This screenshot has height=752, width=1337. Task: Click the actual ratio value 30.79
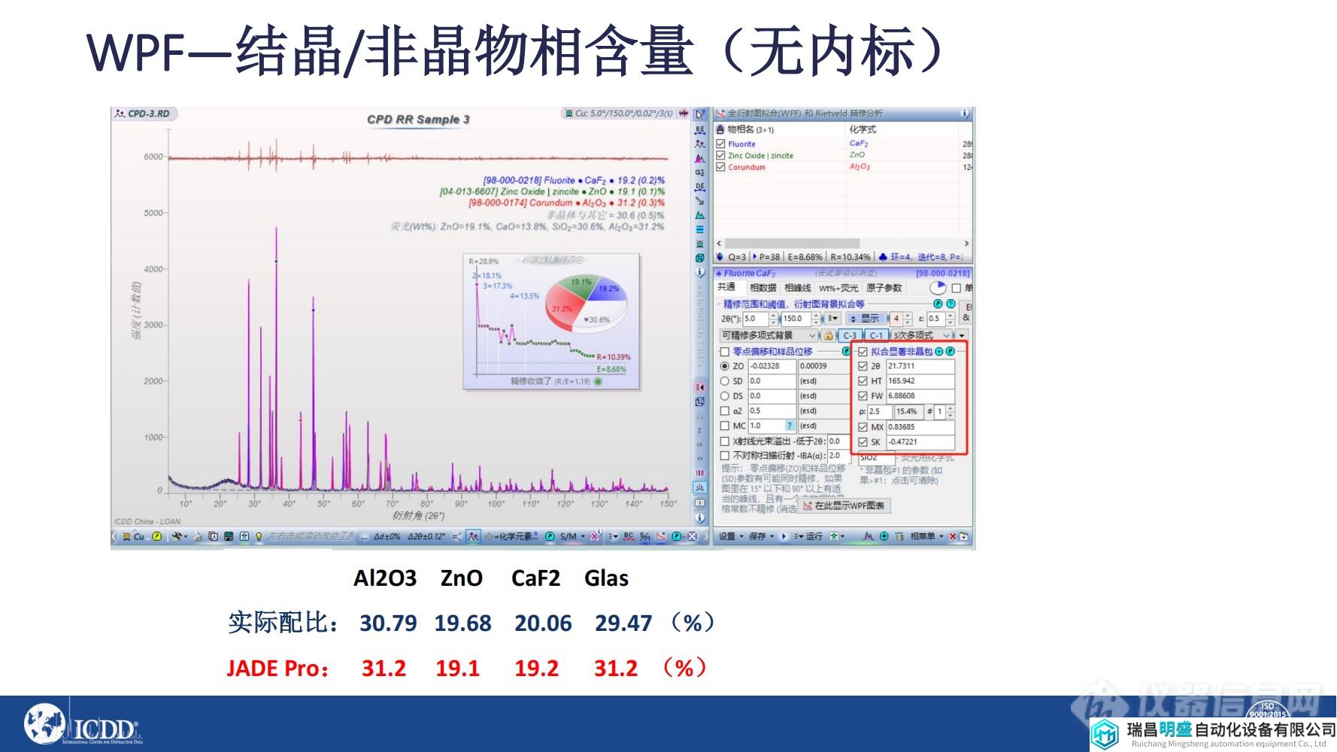tap(387, 623)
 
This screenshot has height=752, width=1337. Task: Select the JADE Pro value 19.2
tap(536, 669)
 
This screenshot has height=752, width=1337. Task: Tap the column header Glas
tap(606, 578)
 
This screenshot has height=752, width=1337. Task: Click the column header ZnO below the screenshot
tap(461, 578)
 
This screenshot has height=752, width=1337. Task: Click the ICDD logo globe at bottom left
tap(44, 724)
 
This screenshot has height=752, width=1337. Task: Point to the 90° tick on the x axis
tap(460, 504)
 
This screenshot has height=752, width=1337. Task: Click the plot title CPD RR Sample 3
tap(418, 120)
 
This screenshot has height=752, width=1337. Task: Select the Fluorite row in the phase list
tap(741, 144)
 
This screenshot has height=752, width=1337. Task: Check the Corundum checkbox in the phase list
tap(720, 167)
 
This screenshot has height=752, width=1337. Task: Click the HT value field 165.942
tap(919, 381)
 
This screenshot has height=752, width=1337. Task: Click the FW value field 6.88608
tap(919, 396)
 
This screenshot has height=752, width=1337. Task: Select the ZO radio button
tap(725, 366)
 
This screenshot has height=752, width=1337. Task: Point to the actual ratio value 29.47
tap(623, 623)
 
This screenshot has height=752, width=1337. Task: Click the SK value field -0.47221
tap(919, 442)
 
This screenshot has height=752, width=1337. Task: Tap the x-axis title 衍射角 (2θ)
tap(418, 516)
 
